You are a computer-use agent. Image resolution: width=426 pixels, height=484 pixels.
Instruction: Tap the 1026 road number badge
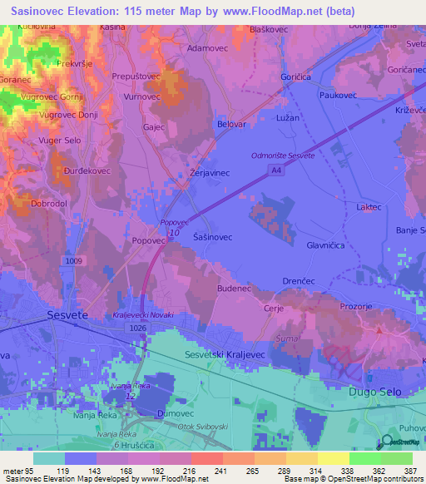click(138, 328)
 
